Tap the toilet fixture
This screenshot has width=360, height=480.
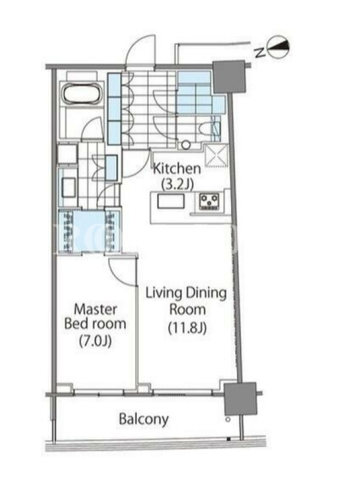(209, 129)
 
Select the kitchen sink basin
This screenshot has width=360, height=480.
(171, 202)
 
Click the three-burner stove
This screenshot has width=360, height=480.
(209, 201)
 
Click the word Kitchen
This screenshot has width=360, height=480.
(176, 169)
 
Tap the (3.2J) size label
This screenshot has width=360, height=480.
(177, 184)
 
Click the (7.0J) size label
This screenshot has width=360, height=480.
(95, 341)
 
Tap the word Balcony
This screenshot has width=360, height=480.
(143, 419)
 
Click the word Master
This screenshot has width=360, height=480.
(95, 309)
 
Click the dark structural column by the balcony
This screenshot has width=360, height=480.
(240, 398)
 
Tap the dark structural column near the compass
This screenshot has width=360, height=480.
(229, 77)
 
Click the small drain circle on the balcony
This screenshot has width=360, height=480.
(228, 419)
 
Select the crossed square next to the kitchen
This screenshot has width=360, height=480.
(216, 156)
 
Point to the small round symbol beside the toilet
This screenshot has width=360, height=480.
(185, 145)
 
